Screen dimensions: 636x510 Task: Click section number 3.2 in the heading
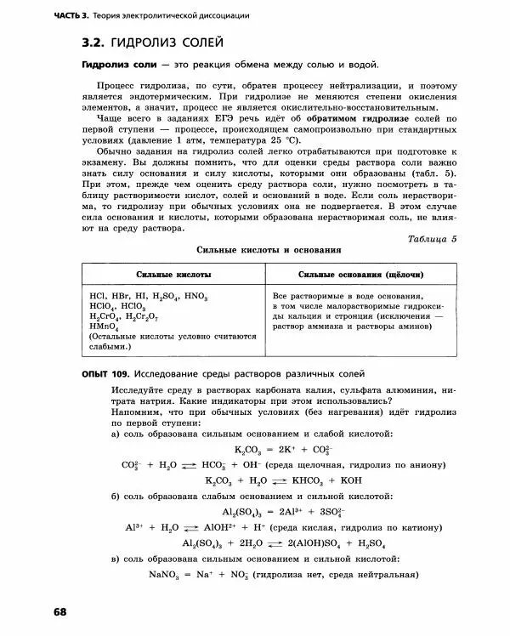93,42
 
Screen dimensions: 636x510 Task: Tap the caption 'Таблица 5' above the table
432,239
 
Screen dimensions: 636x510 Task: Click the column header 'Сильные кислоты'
173,275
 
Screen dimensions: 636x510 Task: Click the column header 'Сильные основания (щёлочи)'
362,275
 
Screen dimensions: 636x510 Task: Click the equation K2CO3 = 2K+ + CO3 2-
271,450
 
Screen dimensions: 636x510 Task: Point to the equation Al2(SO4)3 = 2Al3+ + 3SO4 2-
270,512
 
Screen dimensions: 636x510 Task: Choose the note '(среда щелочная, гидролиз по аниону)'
354,465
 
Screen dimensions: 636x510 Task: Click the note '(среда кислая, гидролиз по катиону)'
349,527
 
